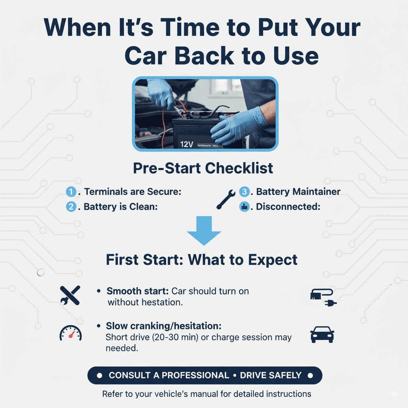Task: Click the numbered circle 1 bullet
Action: click(71, 192)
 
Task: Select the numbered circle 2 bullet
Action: click(71, 207)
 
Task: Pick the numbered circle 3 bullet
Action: click(244, 192)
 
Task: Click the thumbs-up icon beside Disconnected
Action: click(244, 207)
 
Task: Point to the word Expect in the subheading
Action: click(273, 260)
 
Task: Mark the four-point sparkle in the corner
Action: click(394, 394)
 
